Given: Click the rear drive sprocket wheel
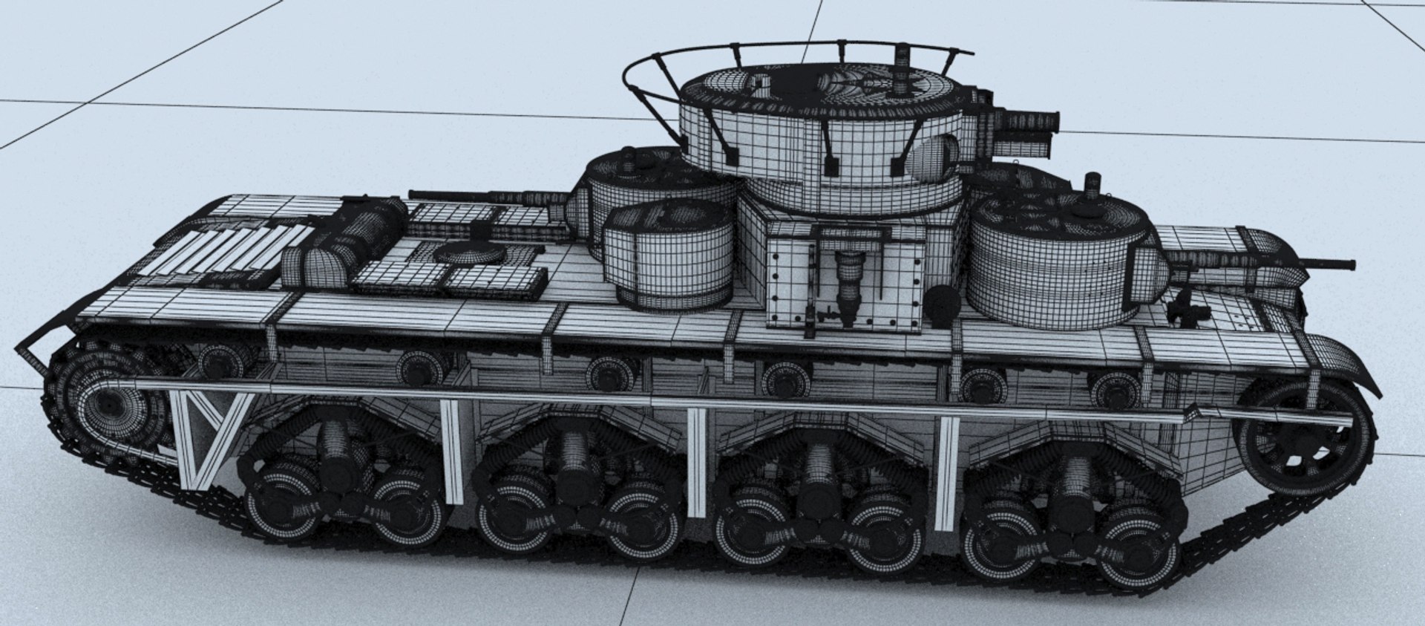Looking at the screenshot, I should [x=111, y=405].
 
